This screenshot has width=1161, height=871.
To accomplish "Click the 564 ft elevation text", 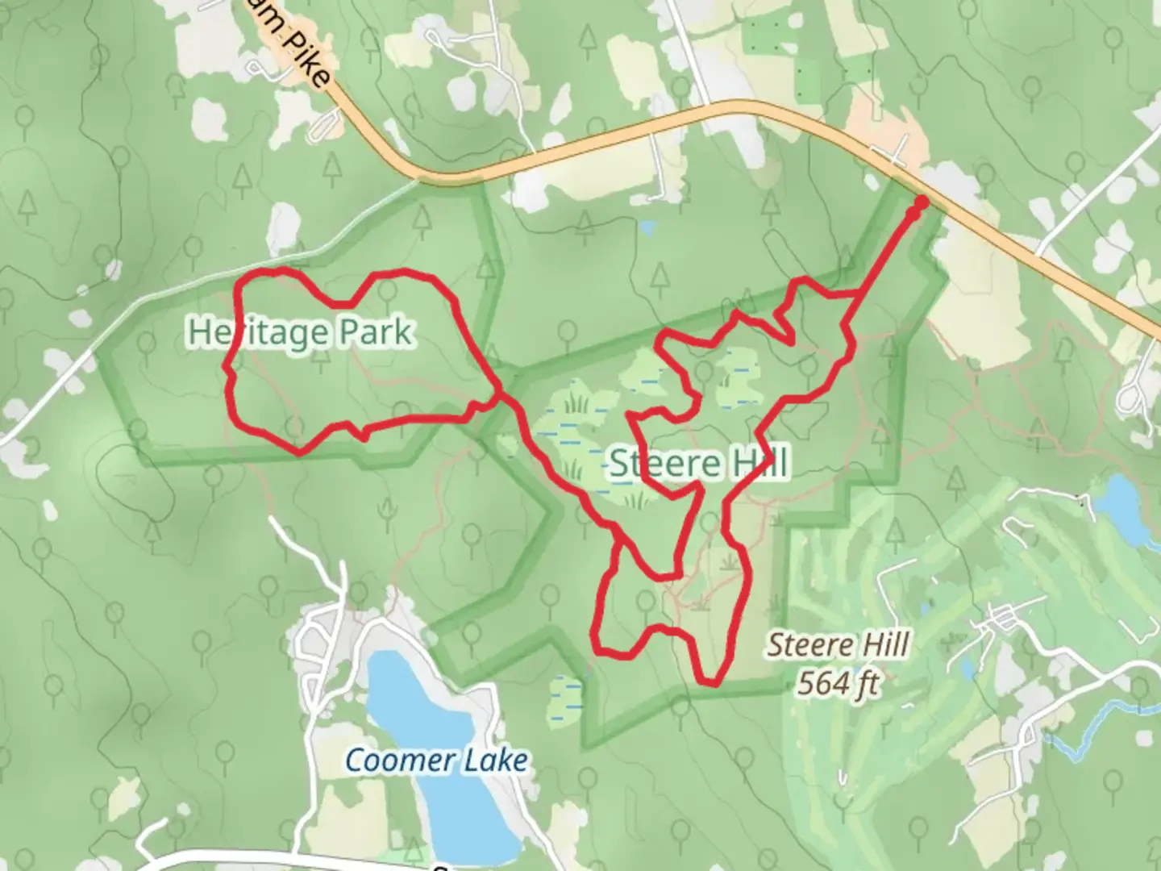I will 838,684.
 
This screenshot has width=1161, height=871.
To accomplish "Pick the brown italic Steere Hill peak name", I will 838,645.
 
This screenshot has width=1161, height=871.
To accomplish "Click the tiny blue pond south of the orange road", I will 646,228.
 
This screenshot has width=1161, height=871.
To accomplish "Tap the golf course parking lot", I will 1004,619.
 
